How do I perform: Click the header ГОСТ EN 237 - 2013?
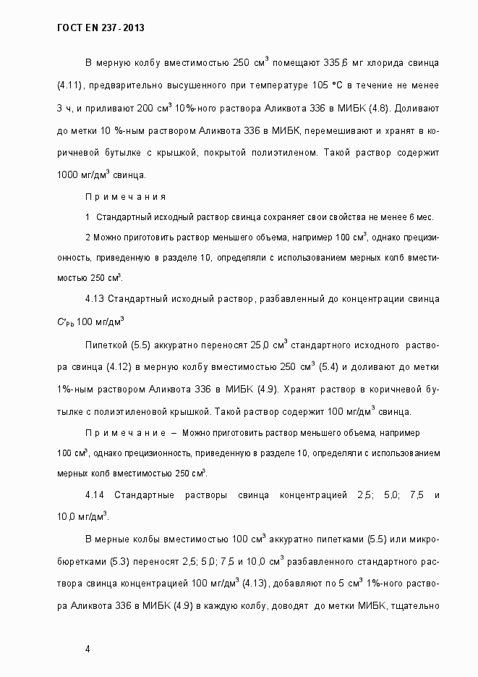coord(100,28)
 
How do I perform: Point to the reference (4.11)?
coord(71,86)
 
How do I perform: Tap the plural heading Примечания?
coord(125,197)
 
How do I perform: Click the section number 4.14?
coord(95,495)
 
